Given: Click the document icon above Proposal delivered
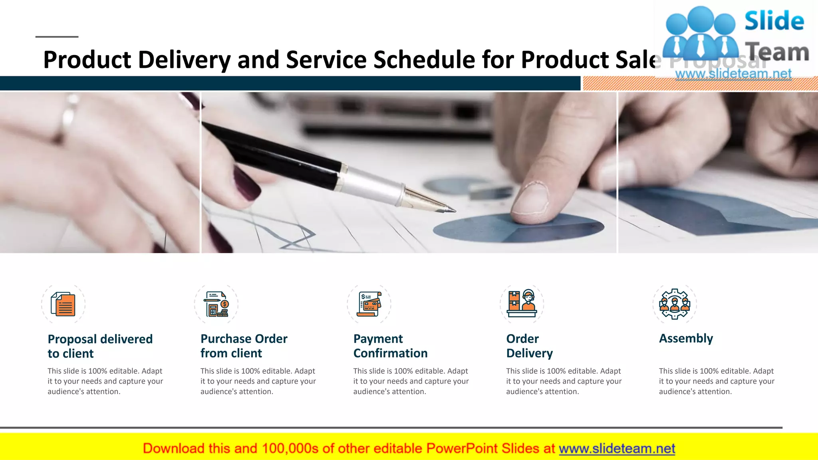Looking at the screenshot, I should coord(63,304).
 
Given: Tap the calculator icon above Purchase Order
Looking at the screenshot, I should coord(216,304).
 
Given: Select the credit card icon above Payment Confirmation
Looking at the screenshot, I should coord(369,304).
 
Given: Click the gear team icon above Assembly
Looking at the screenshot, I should coord(675,304).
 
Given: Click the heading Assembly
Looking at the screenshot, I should coord(686,339).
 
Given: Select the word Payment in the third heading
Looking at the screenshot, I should coord(378,339).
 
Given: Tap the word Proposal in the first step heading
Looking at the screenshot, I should coord(72,339).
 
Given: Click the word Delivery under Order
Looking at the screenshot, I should coord(529,353).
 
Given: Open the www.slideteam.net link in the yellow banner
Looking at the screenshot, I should coord(617,449).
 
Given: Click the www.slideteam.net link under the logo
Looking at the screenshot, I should coord(733,74).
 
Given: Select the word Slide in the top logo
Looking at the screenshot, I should coord(774,21).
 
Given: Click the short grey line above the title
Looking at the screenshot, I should coord(57,37).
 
